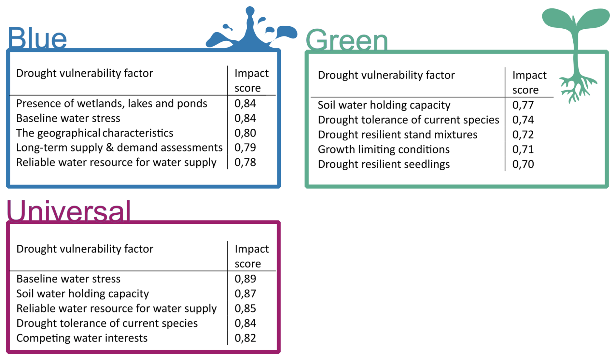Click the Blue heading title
[37, 38]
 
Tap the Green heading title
[346, 40]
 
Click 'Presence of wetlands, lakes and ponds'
[111, 104]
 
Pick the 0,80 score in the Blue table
[245, 133]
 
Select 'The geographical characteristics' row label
[94, 133]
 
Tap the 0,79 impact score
[245, 148]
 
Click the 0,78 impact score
[245, 162]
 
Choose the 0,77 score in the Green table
[523, 105]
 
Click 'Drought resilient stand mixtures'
[397, 135]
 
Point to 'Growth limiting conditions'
[384, 149]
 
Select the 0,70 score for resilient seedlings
[523, 164]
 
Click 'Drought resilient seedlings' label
[384, 164]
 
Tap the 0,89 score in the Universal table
[245, 279]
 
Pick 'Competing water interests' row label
[82, 338]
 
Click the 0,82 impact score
[245, 338]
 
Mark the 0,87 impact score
[245, 294]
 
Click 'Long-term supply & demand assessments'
[119, 148]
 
